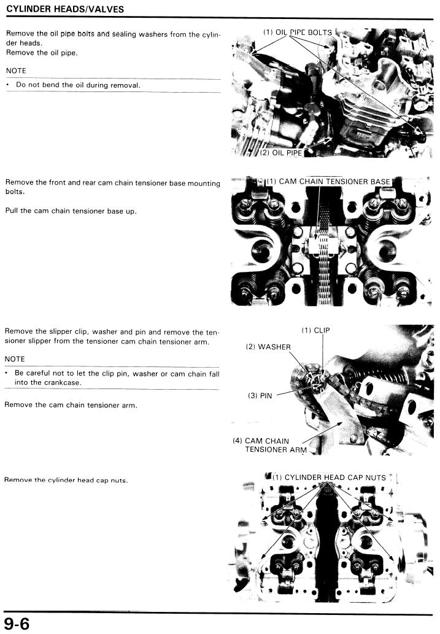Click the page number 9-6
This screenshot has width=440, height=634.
(17, 624)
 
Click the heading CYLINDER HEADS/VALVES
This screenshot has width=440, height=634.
(65, 9)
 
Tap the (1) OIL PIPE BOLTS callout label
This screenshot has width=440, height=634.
(298, 33)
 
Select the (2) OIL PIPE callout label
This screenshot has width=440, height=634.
(281, 153)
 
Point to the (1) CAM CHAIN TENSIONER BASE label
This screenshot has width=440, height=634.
(328, 182)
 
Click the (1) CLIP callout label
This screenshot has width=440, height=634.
(316, 330)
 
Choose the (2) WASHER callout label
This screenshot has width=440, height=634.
(268, 347)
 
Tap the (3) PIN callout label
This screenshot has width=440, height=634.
(260, 395)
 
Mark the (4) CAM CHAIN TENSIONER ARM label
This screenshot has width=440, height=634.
(270, 445)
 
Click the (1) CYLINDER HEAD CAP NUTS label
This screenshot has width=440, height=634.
(330, 477)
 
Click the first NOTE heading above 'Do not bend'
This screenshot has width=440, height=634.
(16, 71)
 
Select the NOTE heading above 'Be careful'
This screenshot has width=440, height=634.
(15, 359)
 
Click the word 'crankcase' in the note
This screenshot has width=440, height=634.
(61, 382)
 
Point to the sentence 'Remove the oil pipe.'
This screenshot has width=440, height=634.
(42, 53)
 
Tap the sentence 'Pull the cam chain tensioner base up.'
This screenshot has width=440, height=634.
(71, 211)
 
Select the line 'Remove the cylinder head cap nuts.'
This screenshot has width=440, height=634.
(66, 481)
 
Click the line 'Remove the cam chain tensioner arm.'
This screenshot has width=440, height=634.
(71, 405)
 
